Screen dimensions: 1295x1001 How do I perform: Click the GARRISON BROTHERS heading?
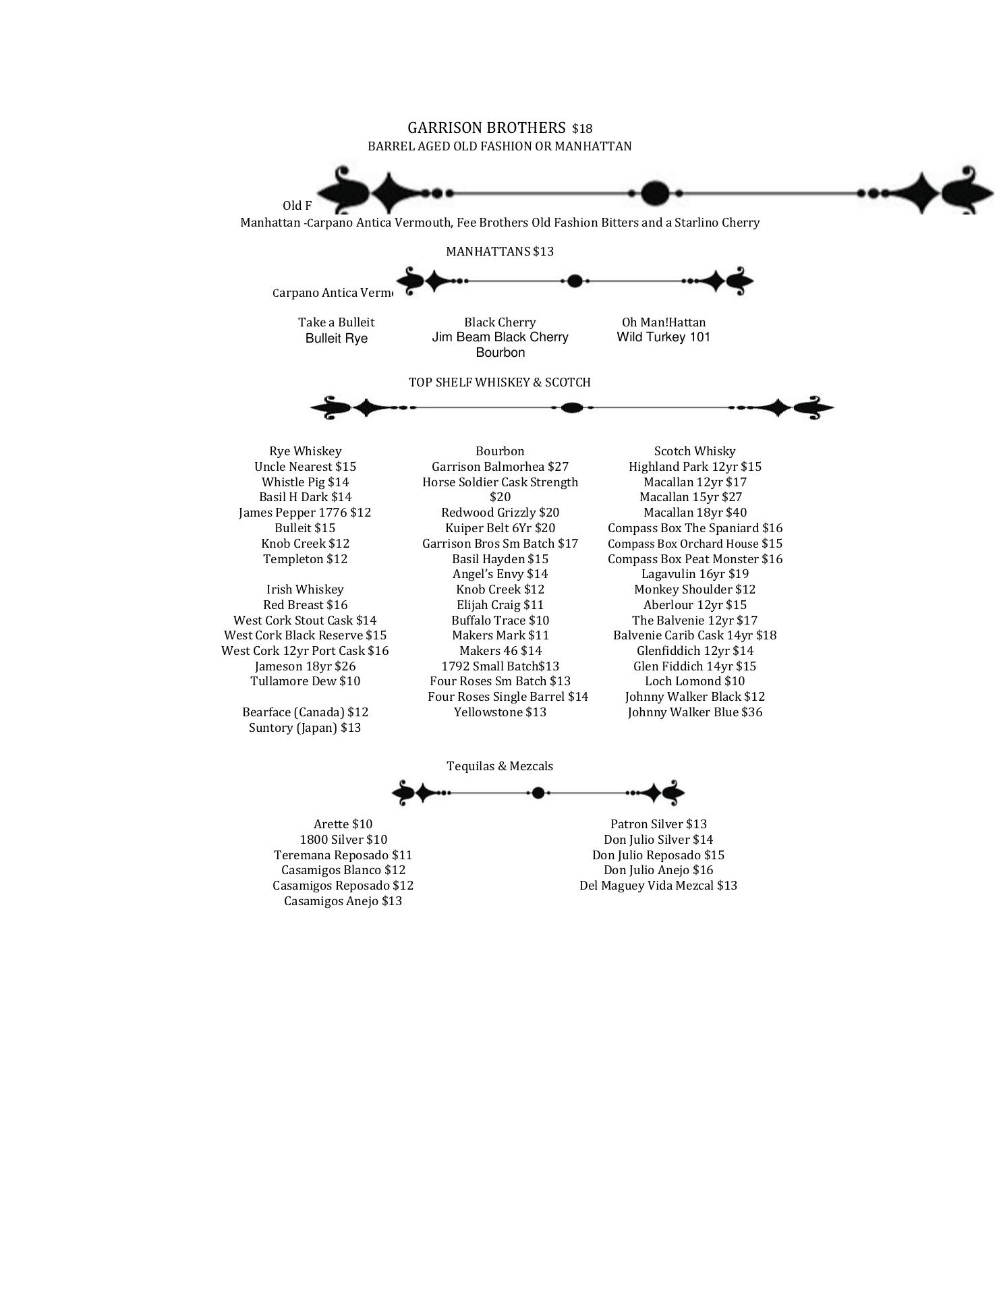[486, 128]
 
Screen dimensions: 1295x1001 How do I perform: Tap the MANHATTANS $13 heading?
[500, 252]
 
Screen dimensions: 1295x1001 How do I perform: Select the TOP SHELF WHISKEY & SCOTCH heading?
[500, 382]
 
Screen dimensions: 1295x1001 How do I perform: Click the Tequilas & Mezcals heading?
[500, 766]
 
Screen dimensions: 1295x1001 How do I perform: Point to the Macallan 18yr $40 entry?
[695, 513]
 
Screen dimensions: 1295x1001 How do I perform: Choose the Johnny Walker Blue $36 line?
[695, 712]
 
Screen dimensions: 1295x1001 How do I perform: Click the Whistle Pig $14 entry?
[306, 482]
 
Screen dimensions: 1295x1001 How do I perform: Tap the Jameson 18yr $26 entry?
[306, 666]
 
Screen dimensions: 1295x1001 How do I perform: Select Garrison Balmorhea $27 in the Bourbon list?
[500, 467]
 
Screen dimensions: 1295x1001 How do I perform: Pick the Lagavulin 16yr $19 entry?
[695, 574]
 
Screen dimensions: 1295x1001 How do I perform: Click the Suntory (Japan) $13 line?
[305, 728]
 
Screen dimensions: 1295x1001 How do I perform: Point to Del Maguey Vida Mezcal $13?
[658, 886]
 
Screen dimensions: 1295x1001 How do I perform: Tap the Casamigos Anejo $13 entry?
[343, 901]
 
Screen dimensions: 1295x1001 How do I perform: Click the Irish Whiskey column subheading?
[305, 589]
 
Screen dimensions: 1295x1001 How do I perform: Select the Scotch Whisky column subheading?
[695, 451]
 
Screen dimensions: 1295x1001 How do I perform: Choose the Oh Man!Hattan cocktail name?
[664, 322]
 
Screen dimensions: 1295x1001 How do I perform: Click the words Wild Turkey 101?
[664, 337]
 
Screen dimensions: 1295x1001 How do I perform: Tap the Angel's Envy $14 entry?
[500, 574]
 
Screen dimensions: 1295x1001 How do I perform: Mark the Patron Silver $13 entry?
[658, 824]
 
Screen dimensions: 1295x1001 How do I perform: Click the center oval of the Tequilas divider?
[538, 793]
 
